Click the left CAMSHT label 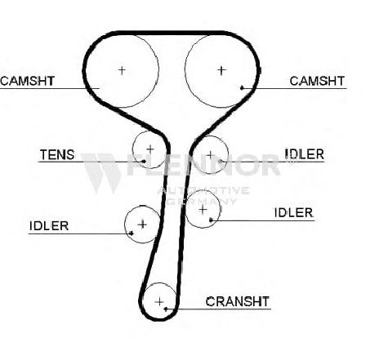pos(28,81)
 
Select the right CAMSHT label pos(317,81)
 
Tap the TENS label pos(57,155)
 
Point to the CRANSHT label pos(238,301)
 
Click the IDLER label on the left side pos(49,226)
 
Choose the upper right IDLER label pos(305,154)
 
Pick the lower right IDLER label pos(294,212)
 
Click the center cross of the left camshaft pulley pos(122,70)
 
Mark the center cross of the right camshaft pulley pos(221,70)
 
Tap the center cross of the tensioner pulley pos(150,149)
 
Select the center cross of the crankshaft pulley pos(159,301)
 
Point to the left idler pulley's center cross pos(142,224)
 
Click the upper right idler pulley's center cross pos(210,155)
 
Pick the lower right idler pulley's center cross pos(203,210)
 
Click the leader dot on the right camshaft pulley pos(242,87)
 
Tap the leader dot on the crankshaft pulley pos(166,309)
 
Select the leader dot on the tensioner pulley pos(144,162)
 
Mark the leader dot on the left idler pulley pos(132,233)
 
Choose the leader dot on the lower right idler pos(211,220)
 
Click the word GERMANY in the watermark pos(202,202)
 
